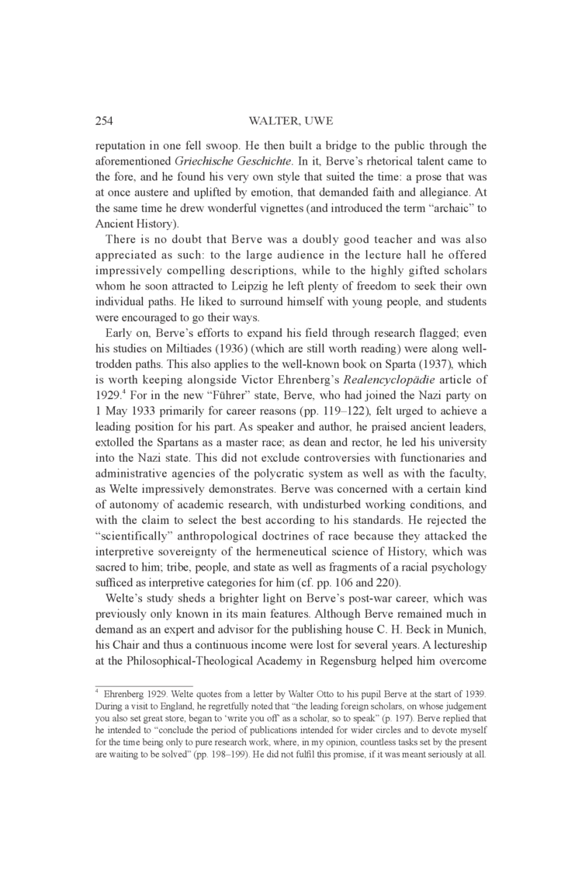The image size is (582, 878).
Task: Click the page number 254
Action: (x=106, y=120)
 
